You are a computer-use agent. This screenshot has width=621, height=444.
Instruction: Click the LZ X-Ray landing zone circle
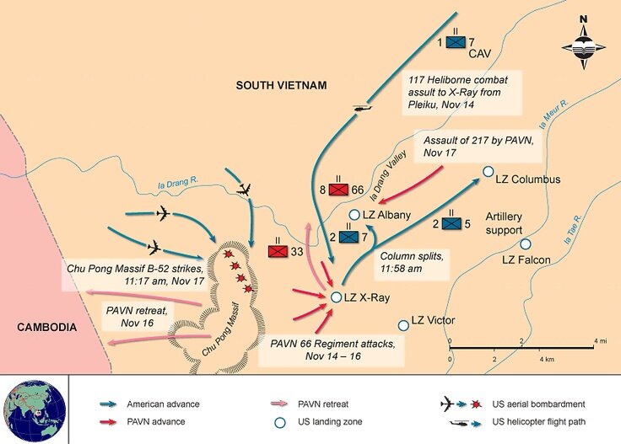click(336, 297)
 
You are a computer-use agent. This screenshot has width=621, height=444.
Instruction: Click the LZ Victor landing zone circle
click(403, 324)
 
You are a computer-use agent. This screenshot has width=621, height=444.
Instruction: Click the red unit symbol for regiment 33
click(278, 251)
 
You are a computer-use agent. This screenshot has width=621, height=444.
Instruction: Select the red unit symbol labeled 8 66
click(339, 190)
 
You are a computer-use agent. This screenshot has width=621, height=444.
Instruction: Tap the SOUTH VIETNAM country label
click(280, 85)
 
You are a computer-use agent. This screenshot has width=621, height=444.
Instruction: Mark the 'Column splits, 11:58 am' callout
click(414, 262)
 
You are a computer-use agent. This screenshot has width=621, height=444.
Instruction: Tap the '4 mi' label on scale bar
click(600, 340)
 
